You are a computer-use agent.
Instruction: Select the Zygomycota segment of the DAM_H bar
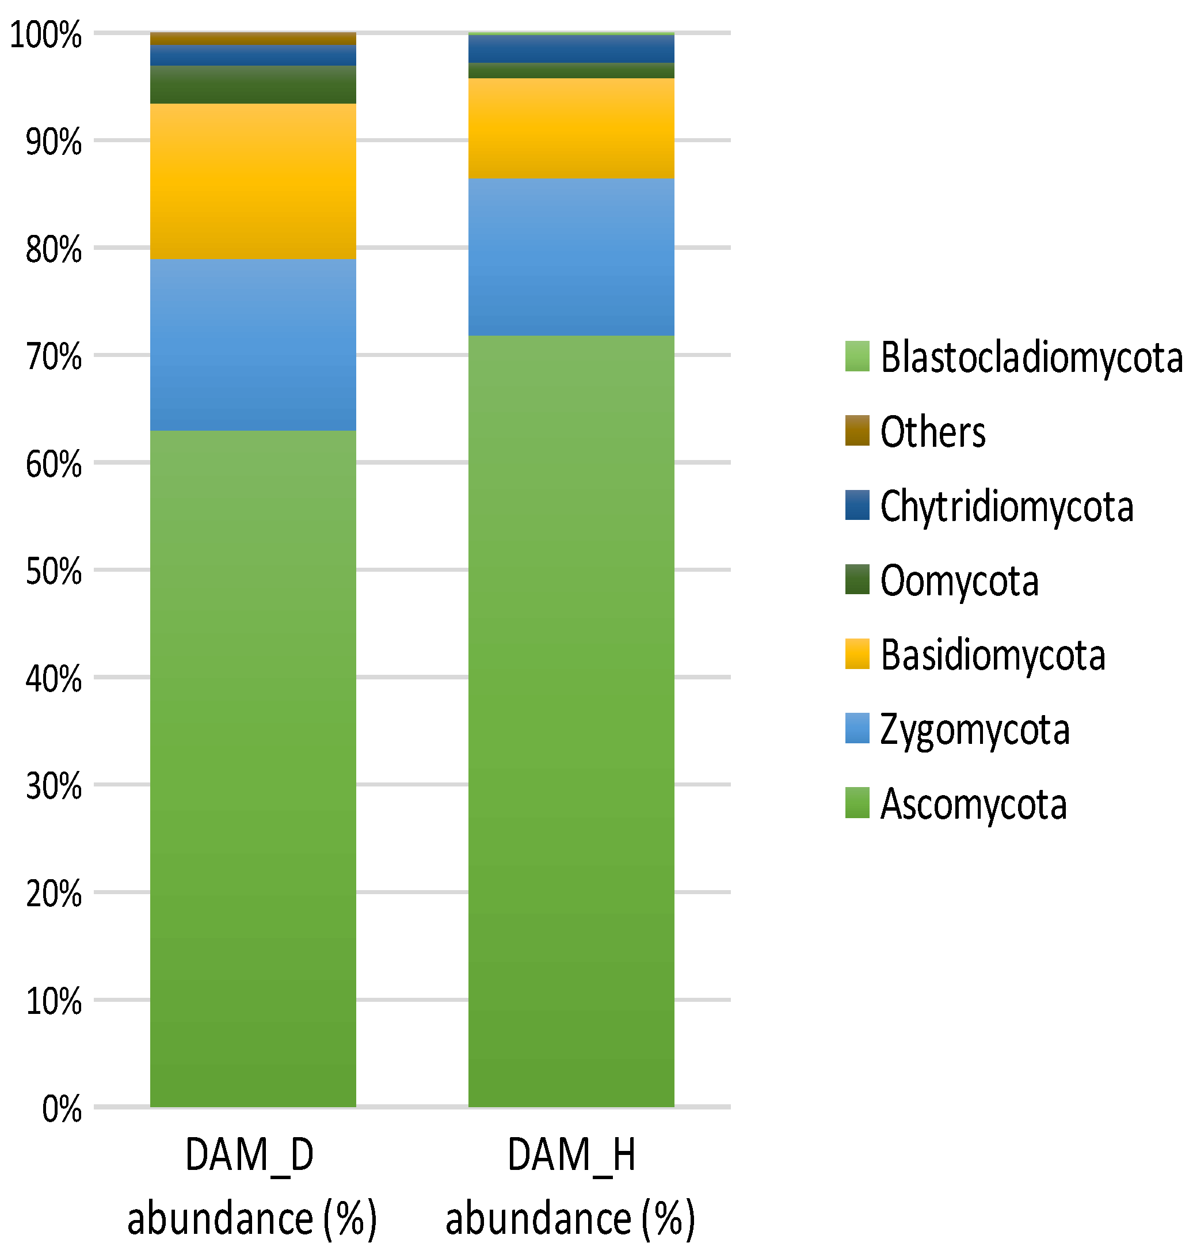(570, 256)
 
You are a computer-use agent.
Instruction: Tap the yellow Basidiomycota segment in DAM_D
(253, 181)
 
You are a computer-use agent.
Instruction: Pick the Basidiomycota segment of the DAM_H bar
(570, 128)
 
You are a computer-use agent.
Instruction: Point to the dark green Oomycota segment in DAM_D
(253, 84)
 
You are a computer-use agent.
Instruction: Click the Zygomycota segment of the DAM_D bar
(253, 344)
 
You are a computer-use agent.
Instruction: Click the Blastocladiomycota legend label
(1030, 357)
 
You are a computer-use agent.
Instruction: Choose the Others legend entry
(932, 431)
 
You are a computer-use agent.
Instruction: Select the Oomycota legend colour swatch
(856, 579)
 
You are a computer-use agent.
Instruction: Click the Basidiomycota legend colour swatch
(856, 654)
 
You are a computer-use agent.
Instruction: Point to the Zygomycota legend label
(974, 729)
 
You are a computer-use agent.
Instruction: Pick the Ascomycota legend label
(973, 804)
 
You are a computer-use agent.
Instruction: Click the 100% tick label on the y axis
(46, 35)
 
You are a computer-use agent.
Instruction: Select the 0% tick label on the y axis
(61, 1109)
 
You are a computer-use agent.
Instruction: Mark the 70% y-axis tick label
(54, 356)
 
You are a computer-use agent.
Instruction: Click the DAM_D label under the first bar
(249, 1155)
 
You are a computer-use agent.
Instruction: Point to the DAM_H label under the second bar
(570, 1155)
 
